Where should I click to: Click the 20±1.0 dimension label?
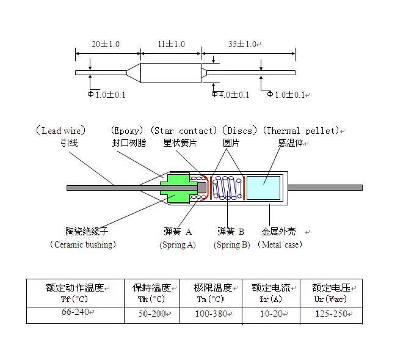(x=106, y=45)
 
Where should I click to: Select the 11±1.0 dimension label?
(x=171, y=45)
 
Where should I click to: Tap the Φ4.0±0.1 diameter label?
(x=231, y=95)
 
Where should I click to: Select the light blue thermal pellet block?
(x=263, y=187)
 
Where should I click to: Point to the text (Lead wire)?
(x=60, y=131)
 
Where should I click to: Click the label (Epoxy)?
(x=128, y=131)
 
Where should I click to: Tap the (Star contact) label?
(x=183, y=131)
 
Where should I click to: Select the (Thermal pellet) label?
(x=300, y=131)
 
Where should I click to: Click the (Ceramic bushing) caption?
(x=82, y=244)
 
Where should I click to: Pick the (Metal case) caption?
(x=280, y=244)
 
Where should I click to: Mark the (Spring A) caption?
(x=177, y=244)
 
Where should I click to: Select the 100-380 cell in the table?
(x=211, y=314)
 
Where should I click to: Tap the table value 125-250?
(x=330, y=314)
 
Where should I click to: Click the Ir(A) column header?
(x=270, y=299)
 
